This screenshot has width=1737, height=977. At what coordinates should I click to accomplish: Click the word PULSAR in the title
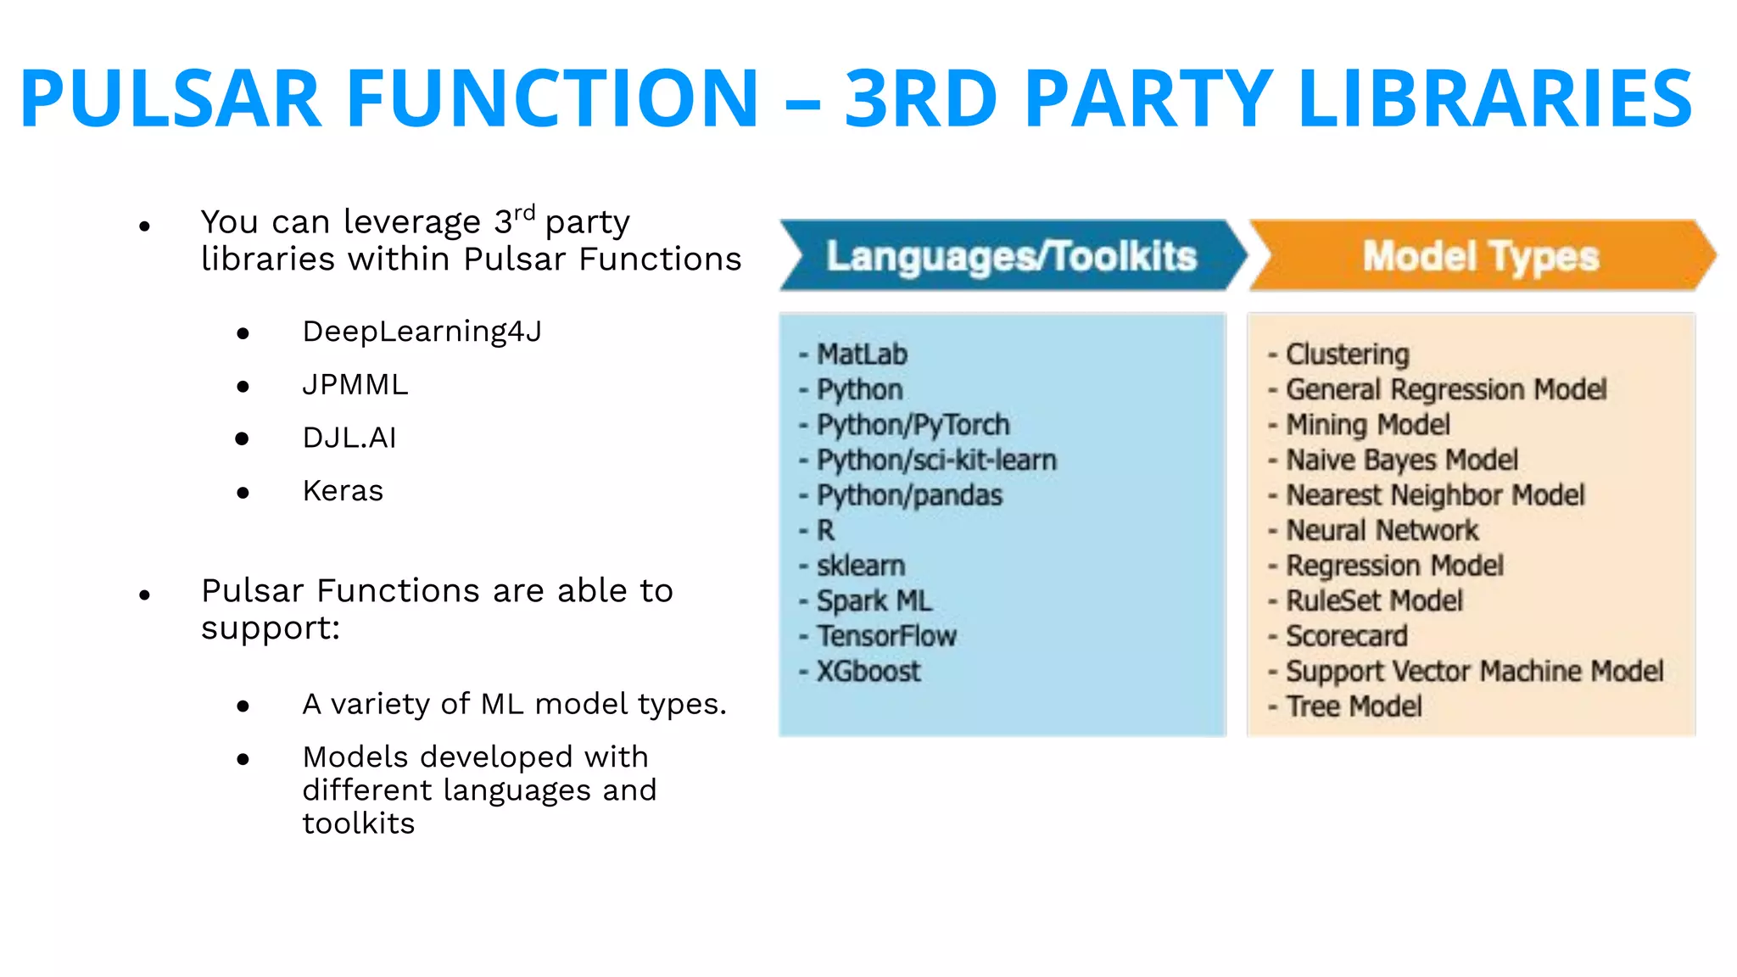(x=170, y=98)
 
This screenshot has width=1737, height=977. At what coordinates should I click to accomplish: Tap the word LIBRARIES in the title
(x=1494, y=98)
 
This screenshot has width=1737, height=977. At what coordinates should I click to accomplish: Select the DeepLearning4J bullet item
(x=422, y=332)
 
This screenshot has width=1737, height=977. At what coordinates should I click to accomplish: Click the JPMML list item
(x=355, y=385)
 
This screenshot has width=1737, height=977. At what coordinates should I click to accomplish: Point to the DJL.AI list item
(x=349, y=438)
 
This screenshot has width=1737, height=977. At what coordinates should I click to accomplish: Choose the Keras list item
(x=343, y=491)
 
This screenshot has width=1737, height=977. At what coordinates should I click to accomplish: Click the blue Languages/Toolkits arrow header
(x=1011, y=256)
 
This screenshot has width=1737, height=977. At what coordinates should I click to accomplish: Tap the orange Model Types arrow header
(x=1480, y=256)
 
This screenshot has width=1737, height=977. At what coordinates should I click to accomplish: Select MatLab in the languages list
(x=861, y=355)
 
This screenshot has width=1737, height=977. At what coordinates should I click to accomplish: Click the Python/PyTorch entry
(x=913, y=425)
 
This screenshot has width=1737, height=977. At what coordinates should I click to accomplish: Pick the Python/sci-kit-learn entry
(x=936, y=461)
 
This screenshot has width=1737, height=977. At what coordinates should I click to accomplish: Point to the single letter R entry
(x=825, y=531)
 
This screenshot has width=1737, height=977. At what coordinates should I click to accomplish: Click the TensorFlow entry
(x=886, y=636)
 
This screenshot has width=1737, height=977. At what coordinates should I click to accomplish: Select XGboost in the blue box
(x=868, y=672)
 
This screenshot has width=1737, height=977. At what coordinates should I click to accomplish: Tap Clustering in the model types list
(x=1347, y=355)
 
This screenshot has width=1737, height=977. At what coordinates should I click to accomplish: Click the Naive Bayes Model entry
(x=1401, y=461)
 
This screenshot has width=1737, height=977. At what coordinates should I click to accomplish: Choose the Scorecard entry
(x=1346, y=636)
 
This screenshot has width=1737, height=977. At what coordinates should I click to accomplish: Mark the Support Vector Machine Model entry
(x=1474, y=672)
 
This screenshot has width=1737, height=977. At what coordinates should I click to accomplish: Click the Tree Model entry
(x=1354, y=706)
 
